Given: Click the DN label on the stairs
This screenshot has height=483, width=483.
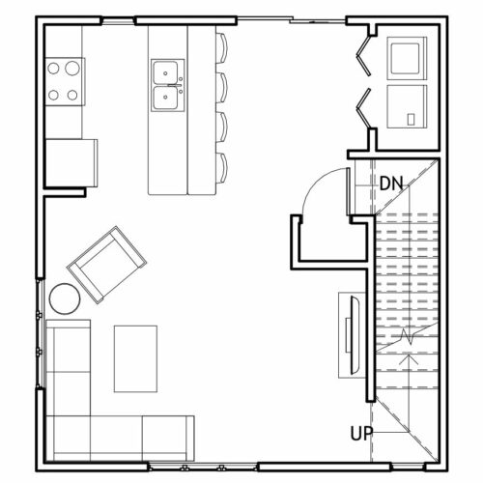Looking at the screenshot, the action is pos(391,184).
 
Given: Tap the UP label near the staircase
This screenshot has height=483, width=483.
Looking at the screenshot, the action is pos(361,434).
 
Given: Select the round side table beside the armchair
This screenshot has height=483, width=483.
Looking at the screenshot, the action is pos(65,298).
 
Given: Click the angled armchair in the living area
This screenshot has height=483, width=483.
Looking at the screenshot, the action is pos(106,265).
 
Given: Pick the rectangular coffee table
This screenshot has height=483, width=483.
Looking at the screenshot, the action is pos(135,358).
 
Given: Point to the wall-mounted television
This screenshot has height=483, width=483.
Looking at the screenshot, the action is pos(355,335).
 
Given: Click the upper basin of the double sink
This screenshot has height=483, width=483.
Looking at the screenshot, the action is pos(165,72).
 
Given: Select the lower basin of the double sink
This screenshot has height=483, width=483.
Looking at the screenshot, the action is pos(165,98).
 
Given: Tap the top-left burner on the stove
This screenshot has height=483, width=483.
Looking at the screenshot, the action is pos(53,69).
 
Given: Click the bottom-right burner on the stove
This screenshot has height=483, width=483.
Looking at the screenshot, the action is pos(72,95).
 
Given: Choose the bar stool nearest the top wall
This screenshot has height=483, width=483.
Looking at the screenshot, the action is pos(221,47).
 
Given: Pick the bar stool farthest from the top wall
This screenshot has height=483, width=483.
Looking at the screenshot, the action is pos(221,168).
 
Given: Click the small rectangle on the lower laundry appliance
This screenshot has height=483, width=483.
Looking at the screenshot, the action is pos(411,120).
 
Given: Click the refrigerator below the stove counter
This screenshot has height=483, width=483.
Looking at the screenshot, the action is pos(71,163).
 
